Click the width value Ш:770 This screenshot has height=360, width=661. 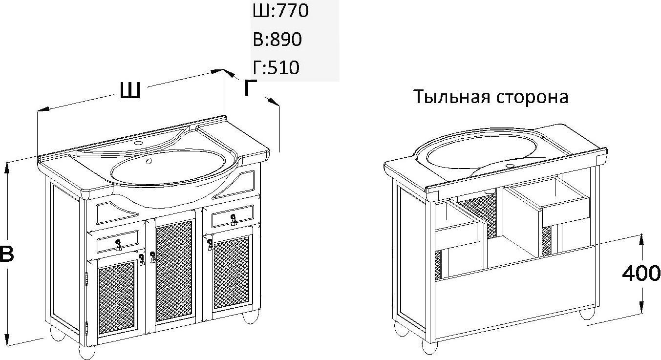pos(280,10)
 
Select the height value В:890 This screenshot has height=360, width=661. pos(277,39)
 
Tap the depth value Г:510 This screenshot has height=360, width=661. pos(276,67)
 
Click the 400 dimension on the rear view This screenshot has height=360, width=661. pos(641,274)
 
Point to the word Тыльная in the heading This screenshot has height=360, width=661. pos(452,97)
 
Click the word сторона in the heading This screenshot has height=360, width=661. pos(532,97)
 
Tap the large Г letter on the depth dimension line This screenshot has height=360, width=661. pos(250,87)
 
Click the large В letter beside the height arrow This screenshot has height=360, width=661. pos(6,254)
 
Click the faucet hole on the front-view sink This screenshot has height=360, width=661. pos(138,143)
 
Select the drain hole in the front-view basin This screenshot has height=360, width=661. pos(149,161)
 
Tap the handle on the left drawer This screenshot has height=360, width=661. pos(118,245)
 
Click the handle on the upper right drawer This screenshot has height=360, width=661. pos(234,219)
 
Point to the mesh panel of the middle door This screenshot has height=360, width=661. pos(174,271)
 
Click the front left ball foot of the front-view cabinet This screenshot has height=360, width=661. pos(87,351)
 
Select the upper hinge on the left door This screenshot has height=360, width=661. pos(86,279)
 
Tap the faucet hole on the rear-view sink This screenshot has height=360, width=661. pos(510,166)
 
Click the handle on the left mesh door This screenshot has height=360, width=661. pos(142,259)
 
